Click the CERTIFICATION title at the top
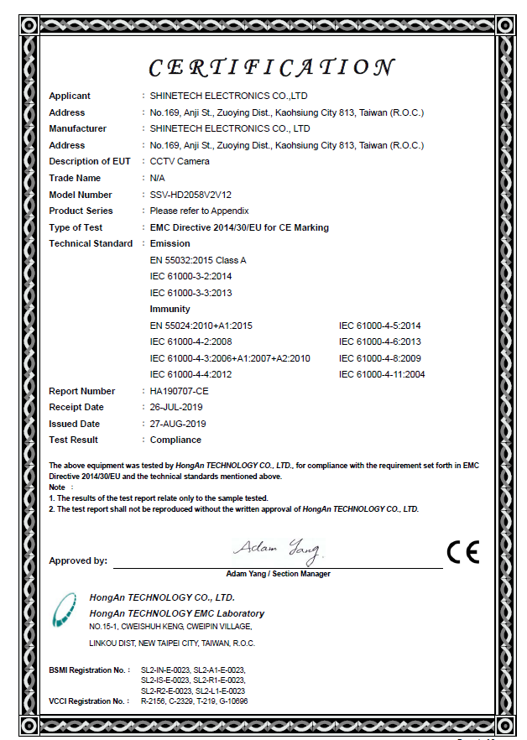(270, 67)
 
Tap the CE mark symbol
(462, 552)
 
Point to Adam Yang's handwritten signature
(278, 550)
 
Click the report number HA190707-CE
(180, 391)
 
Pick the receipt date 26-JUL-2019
(177, 407)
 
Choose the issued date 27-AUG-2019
(178, 424)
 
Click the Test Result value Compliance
(175, 440)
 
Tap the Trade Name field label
(75, 178)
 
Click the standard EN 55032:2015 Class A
(198, 260)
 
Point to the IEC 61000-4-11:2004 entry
(382, 374)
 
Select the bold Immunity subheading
(170, 309)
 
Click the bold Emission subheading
(170, 243)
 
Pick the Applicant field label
(70, 96)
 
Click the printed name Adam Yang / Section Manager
(278, 574)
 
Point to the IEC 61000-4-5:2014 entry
(379, 326)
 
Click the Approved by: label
(78, 560)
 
